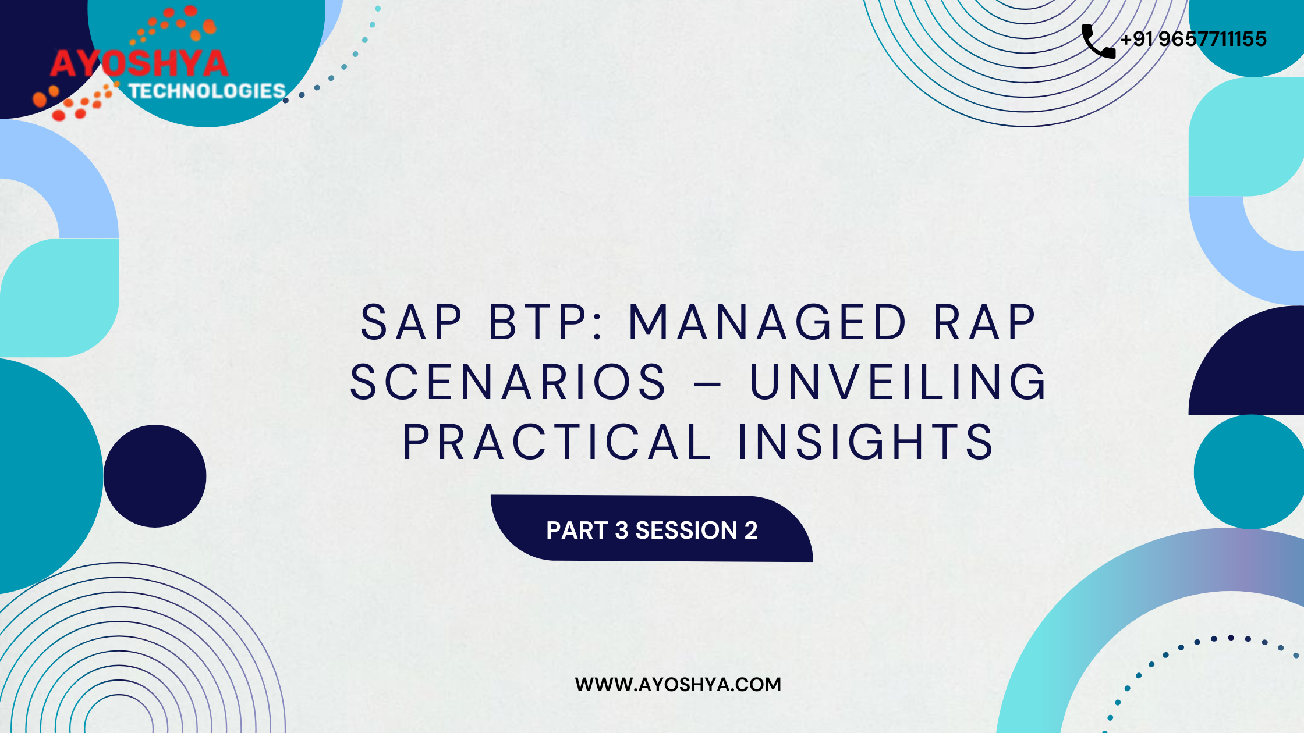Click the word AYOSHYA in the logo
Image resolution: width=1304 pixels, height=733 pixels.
139,64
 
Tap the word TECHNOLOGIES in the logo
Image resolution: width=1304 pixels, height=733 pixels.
207,91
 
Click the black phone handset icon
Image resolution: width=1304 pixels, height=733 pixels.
1098,41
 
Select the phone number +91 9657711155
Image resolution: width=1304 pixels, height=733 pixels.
1193,39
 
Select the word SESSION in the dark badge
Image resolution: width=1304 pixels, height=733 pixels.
686,531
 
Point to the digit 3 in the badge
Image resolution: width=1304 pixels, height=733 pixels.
621,531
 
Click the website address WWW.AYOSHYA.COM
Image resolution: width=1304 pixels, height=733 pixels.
678,684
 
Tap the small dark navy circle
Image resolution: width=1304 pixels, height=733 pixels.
155,476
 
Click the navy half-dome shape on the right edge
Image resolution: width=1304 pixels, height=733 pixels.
1246,360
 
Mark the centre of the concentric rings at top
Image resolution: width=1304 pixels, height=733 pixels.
1026,0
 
